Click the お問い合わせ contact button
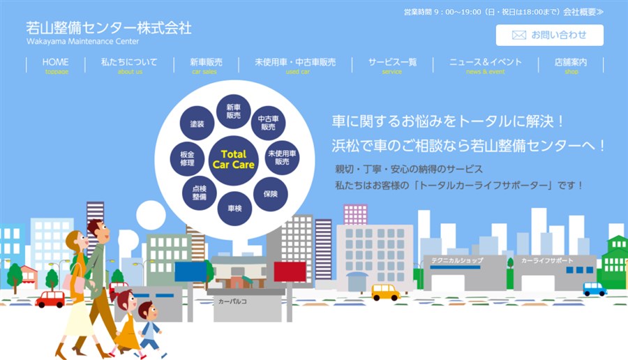(x=550, y=36)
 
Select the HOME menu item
(x=56, y=66)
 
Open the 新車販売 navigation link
(x=206, y=66)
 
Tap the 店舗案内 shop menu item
(x=571, y=66)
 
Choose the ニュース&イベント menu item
(x=486, y=66)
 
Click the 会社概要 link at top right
(x=583, y=12)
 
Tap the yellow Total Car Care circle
(x=234, y=160)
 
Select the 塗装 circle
(x=197, y=123)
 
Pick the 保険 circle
(x=271, y=194)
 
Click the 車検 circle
(x=234, y=208)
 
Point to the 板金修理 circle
(x=187, y=158)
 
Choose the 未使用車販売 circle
(x=282, y=158)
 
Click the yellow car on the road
(x=385, y=292)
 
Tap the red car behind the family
(x=50, y=299)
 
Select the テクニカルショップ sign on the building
(x=457, y=260)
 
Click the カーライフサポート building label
(x=547, y=260)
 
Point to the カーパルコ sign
(x=232, y=301)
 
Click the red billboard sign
(x=290, y=271)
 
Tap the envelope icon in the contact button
(x=519, y=36)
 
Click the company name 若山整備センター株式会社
(x=109, y=28)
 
